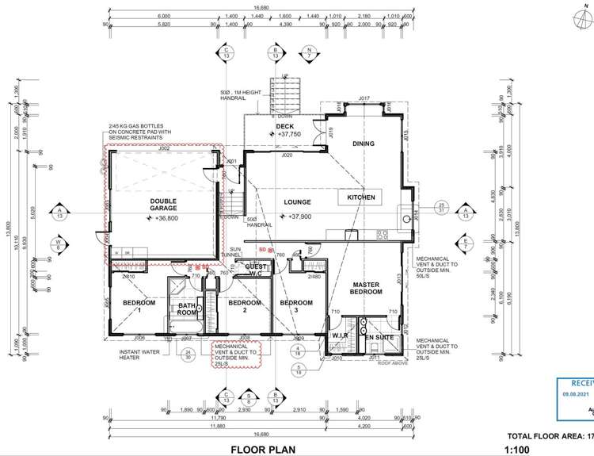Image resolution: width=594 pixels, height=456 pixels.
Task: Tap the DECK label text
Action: pyautogui.click(x=284, y=127)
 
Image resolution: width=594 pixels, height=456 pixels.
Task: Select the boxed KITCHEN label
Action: pyautogui.click(x=360, y=197)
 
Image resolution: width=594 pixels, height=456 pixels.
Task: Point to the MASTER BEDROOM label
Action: pyautogui.click(x=367, y=288)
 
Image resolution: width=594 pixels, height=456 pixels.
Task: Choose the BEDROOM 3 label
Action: pyautogui.click(x=296, y=303)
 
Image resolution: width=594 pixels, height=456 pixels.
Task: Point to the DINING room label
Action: pyautogui.click(x=363, y=144)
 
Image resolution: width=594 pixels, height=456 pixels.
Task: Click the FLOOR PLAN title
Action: pyautogui.click(x=263, y=450)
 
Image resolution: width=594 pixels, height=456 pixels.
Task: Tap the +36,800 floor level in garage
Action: pyautogui.click(x=166, y=218)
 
